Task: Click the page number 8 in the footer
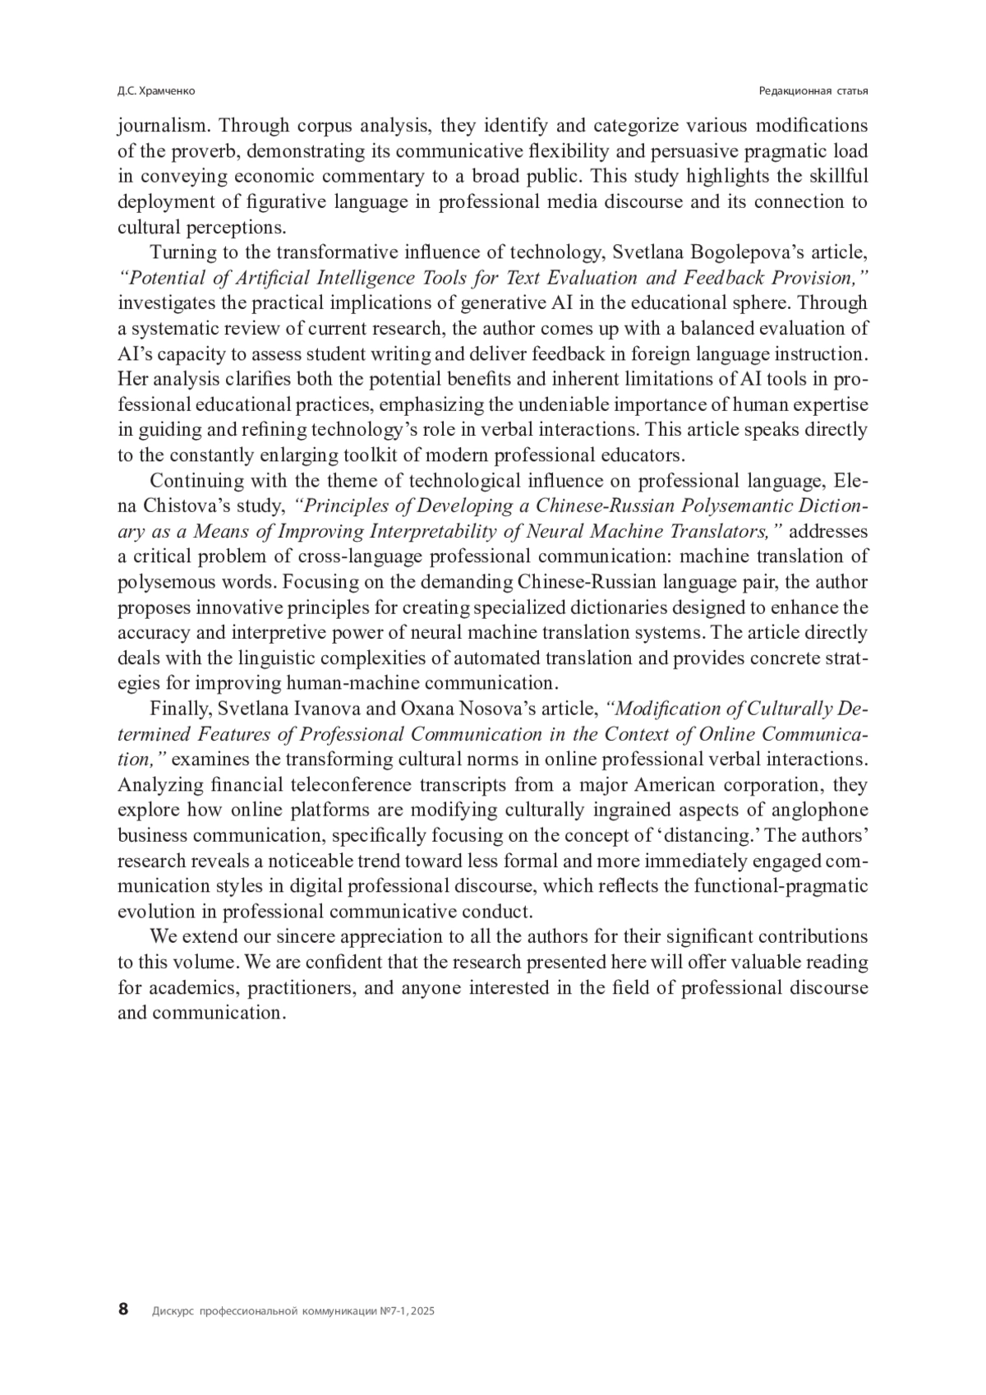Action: pos(123,1310)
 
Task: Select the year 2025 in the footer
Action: pos(422,1312)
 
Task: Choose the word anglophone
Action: pos(824,811)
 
